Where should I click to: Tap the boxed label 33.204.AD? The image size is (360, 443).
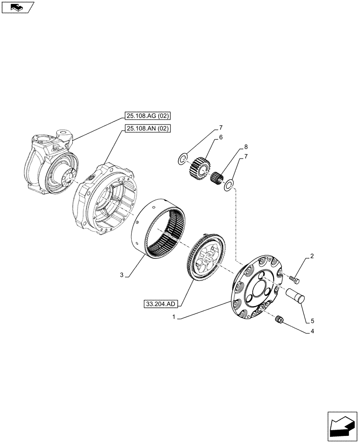(160, 304)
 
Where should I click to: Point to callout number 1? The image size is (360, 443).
(174, 317)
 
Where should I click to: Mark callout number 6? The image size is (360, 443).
(220, 138)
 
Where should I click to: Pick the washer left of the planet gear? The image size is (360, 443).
(183, 159)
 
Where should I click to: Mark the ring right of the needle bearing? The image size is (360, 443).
(228, 184)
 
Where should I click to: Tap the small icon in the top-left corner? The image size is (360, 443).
(17, 7)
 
